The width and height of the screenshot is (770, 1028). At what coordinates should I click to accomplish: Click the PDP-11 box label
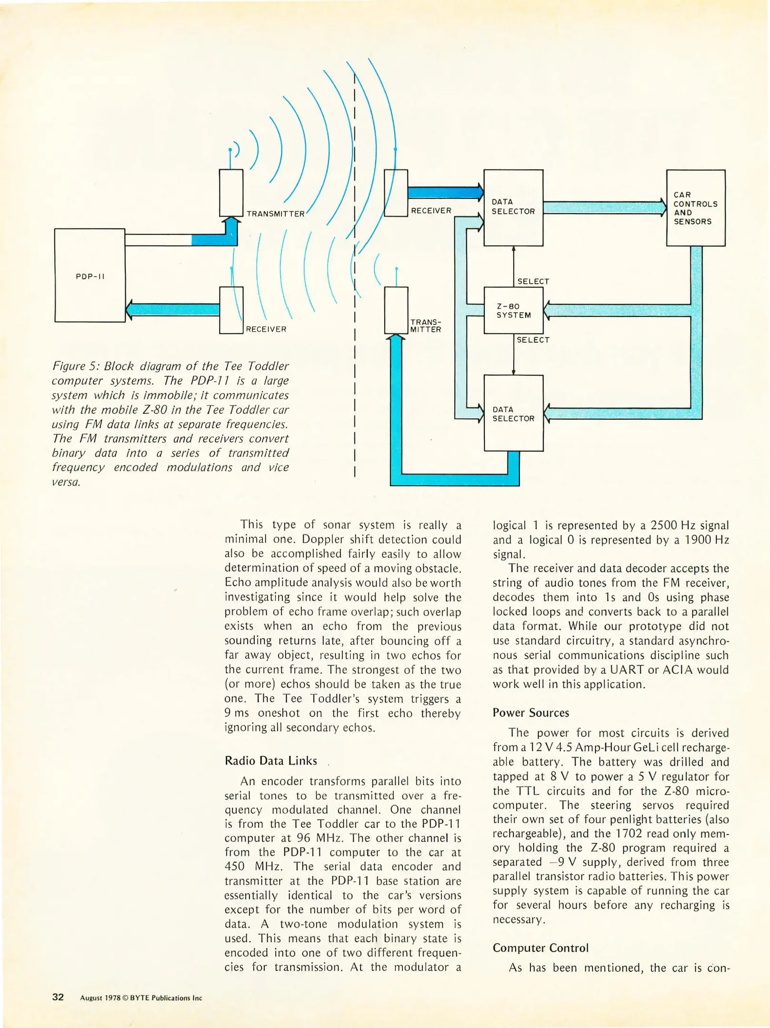tap(90, 277)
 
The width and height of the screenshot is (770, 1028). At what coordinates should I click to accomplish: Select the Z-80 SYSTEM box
tap(513, 311)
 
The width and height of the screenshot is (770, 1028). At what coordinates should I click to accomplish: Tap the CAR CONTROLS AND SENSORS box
tap(695, 208)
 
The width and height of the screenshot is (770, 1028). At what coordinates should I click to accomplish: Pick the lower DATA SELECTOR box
tap(513, 414)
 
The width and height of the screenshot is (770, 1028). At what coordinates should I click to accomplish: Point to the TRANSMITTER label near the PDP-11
tap(275, 214)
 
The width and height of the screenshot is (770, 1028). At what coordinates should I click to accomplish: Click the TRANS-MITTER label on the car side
tap(425, 326)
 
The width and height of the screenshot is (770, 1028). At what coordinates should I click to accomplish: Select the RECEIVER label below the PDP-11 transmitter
tap(266, 329)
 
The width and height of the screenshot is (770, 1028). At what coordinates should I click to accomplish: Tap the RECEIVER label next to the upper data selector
tap(431, 211)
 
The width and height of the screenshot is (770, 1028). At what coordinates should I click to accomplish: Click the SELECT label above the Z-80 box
tap(533, 281)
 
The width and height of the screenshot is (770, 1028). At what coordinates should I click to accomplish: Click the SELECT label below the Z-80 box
tap(533, 340)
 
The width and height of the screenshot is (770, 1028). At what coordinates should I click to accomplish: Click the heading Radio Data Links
tap(270, 761)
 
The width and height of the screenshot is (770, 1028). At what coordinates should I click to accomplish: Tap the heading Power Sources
tap(530, 712)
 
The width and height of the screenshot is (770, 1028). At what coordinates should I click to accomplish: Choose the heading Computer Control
tap(540, 948)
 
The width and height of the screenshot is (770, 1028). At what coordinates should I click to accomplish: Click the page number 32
tap(58, 997)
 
